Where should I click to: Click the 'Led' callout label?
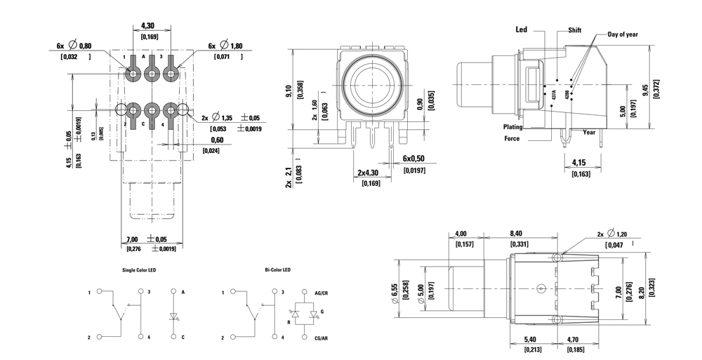(x=521, y=30)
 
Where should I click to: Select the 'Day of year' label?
(x=623, y=34)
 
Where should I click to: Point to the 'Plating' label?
(x=512, y=127)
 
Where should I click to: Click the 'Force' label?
(x=512, y=138)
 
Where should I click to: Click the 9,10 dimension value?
(x=291, y=92)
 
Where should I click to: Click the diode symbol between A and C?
(x=173, y=315)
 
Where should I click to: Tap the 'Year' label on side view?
(x=589, y=132)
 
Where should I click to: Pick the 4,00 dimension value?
(x=461, y=234)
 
